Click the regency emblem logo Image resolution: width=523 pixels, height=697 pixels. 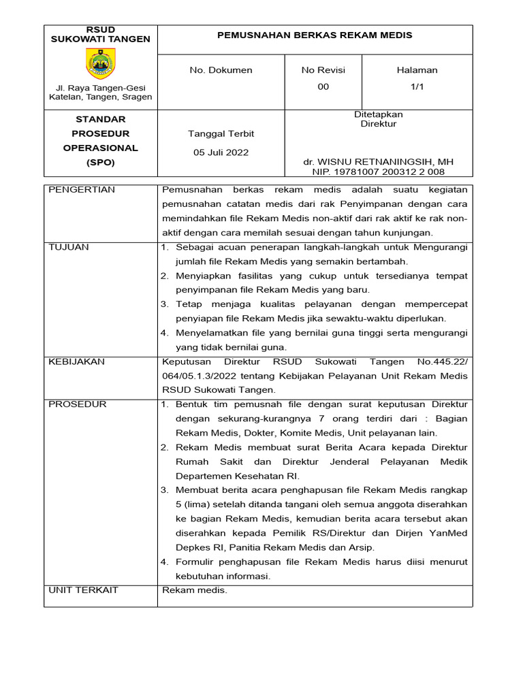tap(101, 64)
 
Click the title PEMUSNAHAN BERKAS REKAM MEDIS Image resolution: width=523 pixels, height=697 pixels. tap(314, 35)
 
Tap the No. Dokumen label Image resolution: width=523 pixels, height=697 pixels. tap(221, 70)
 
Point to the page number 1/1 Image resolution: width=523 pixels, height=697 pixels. tap(417, 86)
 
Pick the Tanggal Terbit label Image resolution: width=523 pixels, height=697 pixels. tap(221, 133)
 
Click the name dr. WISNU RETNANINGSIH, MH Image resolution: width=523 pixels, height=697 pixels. tap(379, 162)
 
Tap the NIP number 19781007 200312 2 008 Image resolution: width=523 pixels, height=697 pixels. tap(379, 172)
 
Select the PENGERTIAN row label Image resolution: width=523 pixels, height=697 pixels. tap(82, 189)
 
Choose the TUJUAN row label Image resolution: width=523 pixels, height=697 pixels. tap(69, 247)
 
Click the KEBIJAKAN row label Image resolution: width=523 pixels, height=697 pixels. tap(76, 362)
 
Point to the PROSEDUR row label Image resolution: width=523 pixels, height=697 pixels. tap(78, 404)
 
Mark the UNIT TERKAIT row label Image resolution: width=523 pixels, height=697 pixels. tap(83, 590)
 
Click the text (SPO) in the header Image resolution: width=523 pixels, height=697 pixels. tap(101, 163)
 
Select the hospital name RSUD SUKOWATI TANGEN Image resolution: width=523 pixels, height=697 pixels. tap(101, 35)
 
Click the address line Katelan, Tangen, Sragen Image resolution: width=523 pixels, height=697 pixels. tap(101, 97)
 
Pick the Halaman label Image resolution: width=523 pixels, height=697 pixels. tap(417, 70)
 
